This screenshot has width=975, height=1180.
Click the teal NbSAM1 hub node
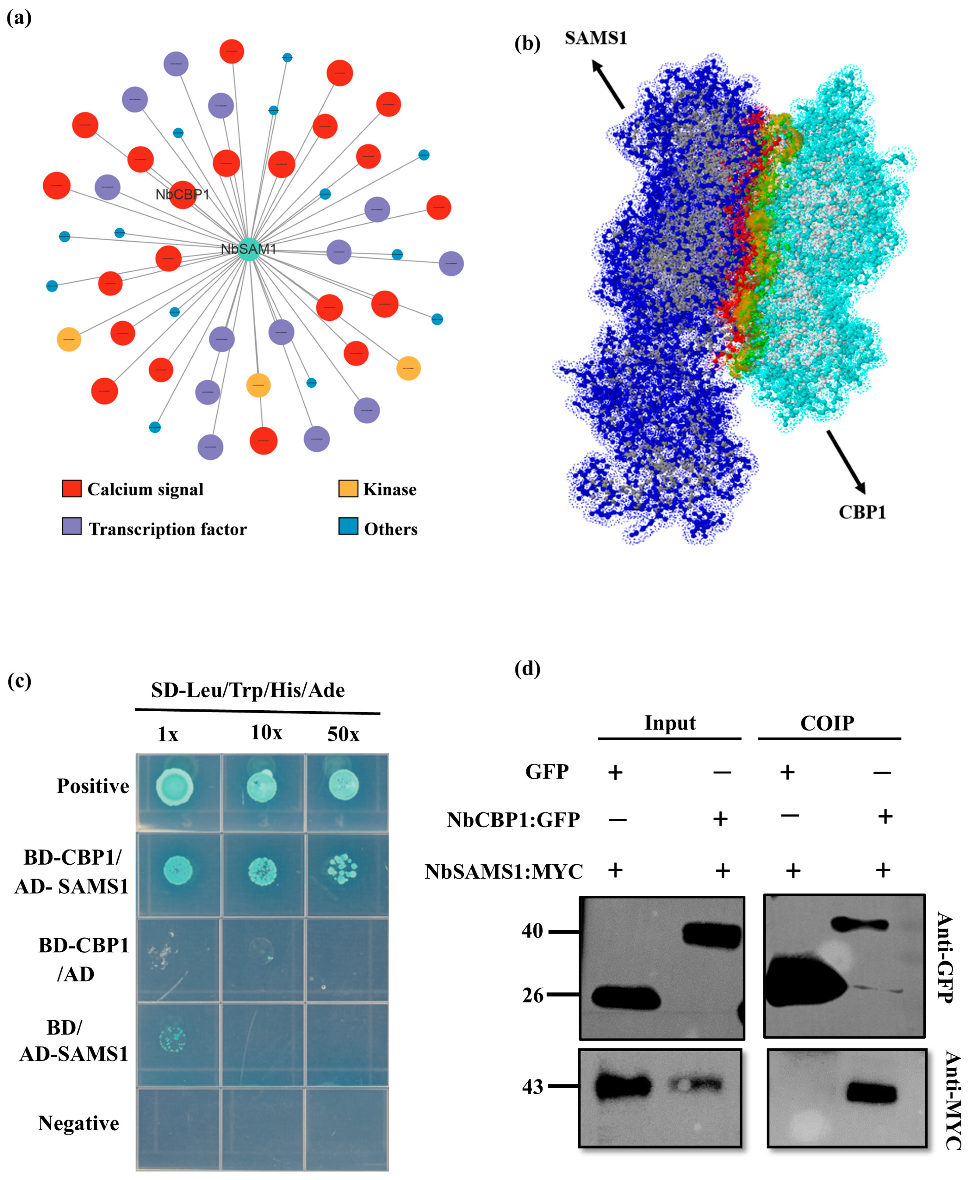248,248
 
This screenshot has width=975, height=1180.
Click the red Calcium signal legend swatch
71,488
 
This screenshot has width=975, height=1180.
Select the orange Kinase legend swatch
348,488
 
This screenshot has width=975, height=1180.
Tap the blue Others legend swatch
348,526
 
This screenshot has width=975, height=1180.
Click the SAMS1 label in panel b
595,38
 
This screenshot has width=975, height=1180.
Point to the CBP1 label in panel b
861,512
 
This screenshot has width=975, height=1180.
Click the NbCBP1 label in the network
182,194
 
